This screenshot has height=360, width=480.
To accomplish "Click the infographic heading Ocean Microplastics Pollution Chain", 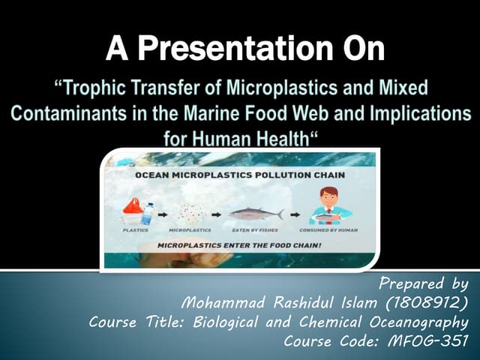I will pos(240,175).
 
